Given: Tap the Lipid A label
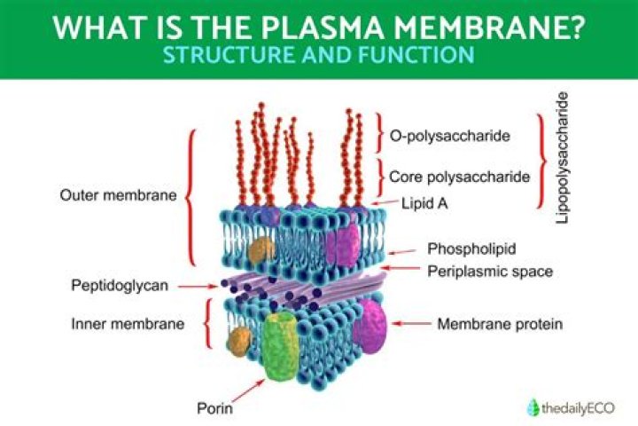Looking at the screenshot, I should pyautogui.click(x=425, y=203).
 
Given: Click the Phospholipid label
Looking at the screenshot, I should pyautogui.click(x=471, y=248).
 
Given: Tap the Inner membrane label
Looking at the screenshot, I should pyautogui.click(x=128, y=324).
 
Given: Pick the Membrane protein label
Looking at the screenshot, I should pyautogui.click(x=500, y=324).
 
